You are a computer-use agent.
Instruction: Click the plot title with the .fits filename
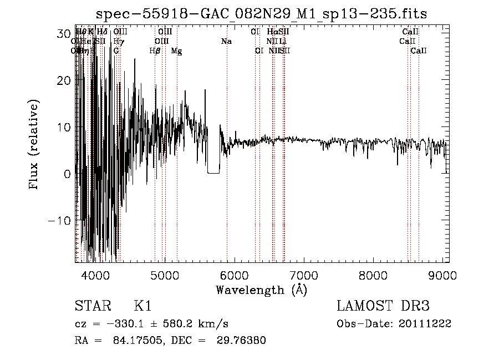(261, 13)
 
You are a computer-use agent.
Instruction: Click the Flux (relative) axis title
(34, 145)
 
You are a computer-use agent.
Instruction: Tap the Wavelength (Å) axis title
(261, 290)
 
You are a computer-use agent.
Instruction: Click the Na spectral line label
(226, 42)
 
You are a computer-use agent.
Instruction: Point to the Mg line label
(176, 51)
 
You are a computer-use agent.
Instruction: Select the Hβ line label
(155, 51)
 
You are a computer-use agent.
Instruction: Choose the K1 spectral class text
(142, 306)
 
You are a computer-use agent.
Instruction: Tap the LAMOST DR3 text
(383, 306)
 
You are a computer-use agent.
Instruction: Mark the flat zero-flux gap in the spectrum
(214, 173)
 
